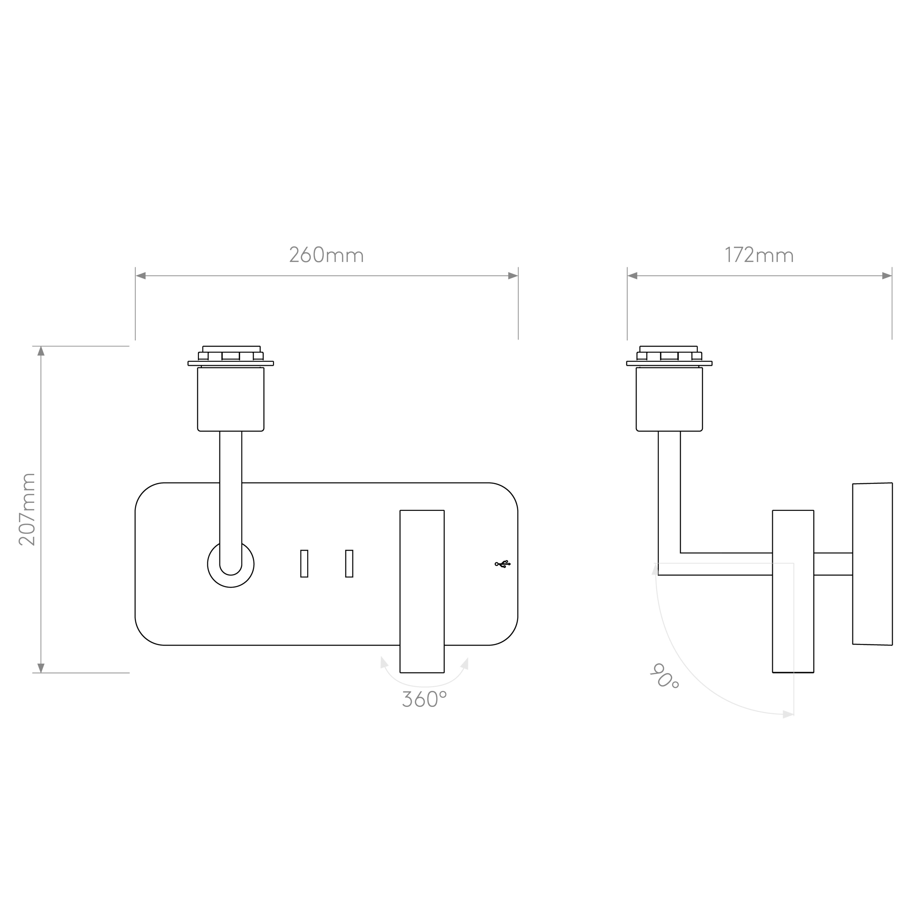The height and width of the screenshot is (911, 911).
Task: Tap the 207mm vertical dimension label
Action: [x=27, y=509]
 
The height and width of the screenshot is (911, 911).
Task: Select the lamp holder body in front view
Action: [x=230, y=399]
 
